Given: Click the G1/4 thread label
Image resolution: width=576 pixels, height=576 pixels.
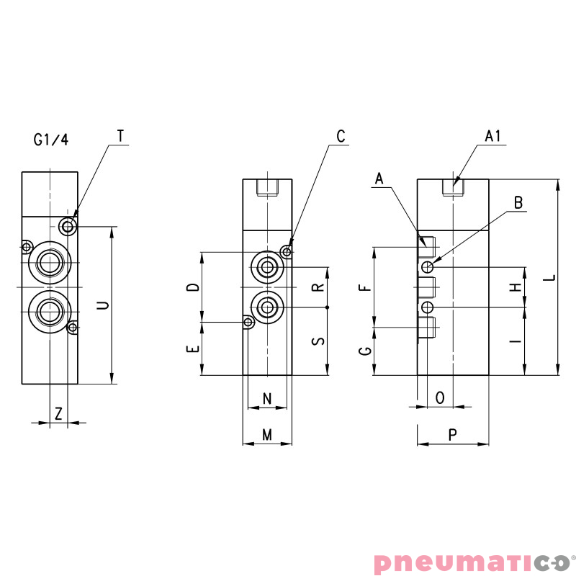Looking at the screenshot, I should (x=50, y=140).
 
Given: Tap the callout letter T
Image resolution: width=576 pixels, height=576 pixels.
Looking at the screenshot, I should (x=120, y=136).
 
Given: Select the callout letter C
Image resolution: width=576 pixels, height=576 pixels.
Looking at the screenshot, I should (x=341, y=136).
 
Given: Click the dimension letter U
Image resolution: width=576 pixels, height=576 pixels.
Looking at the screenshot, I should (x=104, y=305).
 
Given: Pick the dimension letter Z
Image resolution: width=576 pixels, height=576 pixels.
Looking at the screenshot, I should (x=59, y=413).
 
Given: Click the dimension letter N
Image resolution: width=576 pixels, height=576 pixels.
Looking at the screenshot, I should (x=267, y=398).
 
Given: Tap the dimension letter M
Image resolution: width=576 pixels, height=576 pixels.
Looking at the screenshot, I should (x=267, y=434).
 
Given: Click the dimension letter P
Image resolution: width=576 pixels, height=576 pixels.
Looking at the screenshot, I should (x=452, y=434).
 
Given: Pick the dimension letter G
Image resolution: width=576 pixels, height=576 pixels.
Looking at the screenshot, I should (x=365, y=350).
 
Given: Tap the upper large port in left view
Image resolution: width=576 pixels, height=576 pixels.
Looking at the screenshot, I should (x=49, y=262).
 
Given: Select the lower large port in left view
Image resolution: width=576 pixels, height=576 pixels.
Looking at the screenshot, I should (x=49, y=310).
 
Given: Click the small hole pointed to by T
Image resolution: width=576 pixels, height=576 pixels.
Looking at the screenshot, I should (x=68, y=227).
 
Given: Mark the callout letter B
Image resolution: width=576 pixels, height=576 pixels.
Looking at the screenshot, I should (x=518, y=202).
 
